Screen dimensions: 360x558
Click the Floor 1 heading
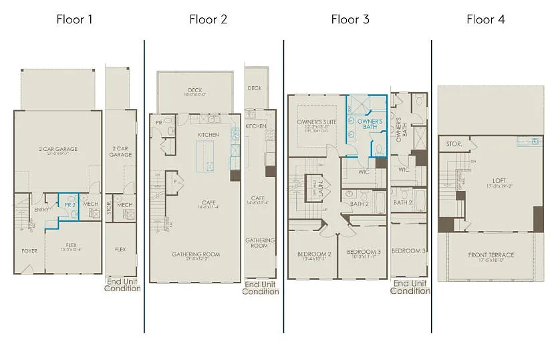(74, 19)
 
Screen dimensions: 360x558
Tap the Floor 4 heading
(485, 19)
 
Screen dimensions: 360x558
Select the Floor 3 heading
(350, 19)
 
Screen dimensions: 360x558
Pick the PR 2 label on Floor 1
(69, 205)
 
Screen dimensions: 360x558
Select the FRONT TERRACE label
(491, 255)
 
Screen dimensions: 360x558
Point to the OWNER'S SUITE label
(317, 122)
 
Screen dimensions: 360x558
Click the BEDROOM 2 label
(314, 254)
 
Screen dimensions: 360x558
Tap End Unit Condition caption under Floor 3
(410, 287)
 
